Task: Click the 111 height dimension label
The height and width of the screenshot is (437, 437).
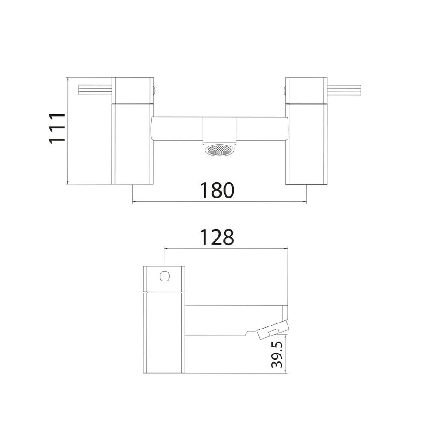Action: (x=57, y=128)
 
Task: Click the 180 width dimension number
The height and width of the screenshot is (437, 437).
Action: (x=217, y=191)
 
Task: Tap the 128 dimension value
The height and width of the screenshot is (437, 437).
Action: (x=217, y=237)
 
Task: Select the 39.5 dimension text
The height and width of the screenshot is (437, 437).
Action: (x=277, y=351)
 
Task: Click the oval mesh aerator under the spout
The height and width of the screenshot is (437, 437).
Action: (x=220, y=150)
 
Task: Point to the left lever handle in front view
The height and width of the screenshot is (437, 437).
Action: (x=95, y=90)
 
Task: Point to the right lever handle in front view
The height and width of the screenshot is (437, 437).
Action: (x=344, y=90)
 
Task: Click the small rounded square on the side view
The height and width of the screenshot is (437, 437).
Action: (x=165, y=277)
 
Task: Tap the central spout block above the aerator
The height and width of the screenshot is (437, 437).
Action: (x=220, y=130)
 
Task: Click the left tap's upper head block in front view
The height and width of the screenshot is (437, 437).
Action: (x=133, y=90)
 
